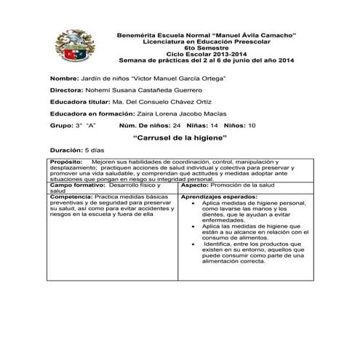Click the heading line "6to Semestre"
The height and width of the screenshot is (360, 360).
click(206, 47)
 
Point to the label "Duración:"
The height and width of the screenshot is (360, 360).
click(65, 149)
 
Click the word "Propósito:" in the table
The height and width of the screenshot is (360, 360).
click(67, 161)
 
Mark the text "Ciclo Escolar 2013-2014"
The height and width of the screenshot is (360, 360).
click(206, 54)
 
